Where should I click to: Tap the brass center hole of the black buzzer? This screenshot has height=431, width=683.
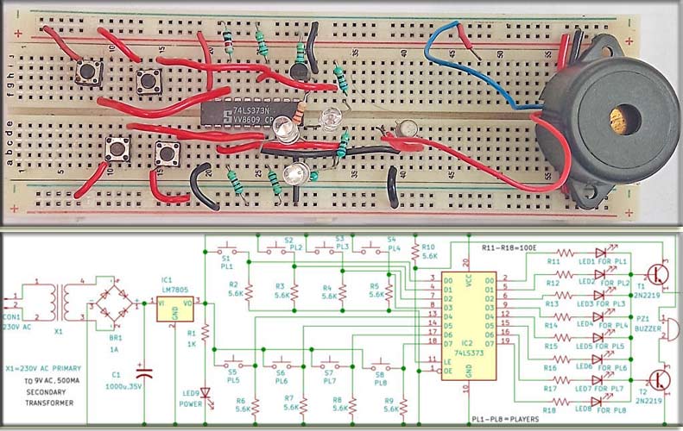[x=617, y=120]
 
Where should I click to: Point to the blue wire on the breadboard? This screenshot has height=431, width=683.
[x=466, y=65]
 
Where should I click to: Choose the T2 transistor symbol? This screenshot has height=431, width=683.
[x=658, y=379]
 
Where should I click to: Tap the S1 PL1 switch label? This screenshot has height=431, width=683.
[x=227, y=263]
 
